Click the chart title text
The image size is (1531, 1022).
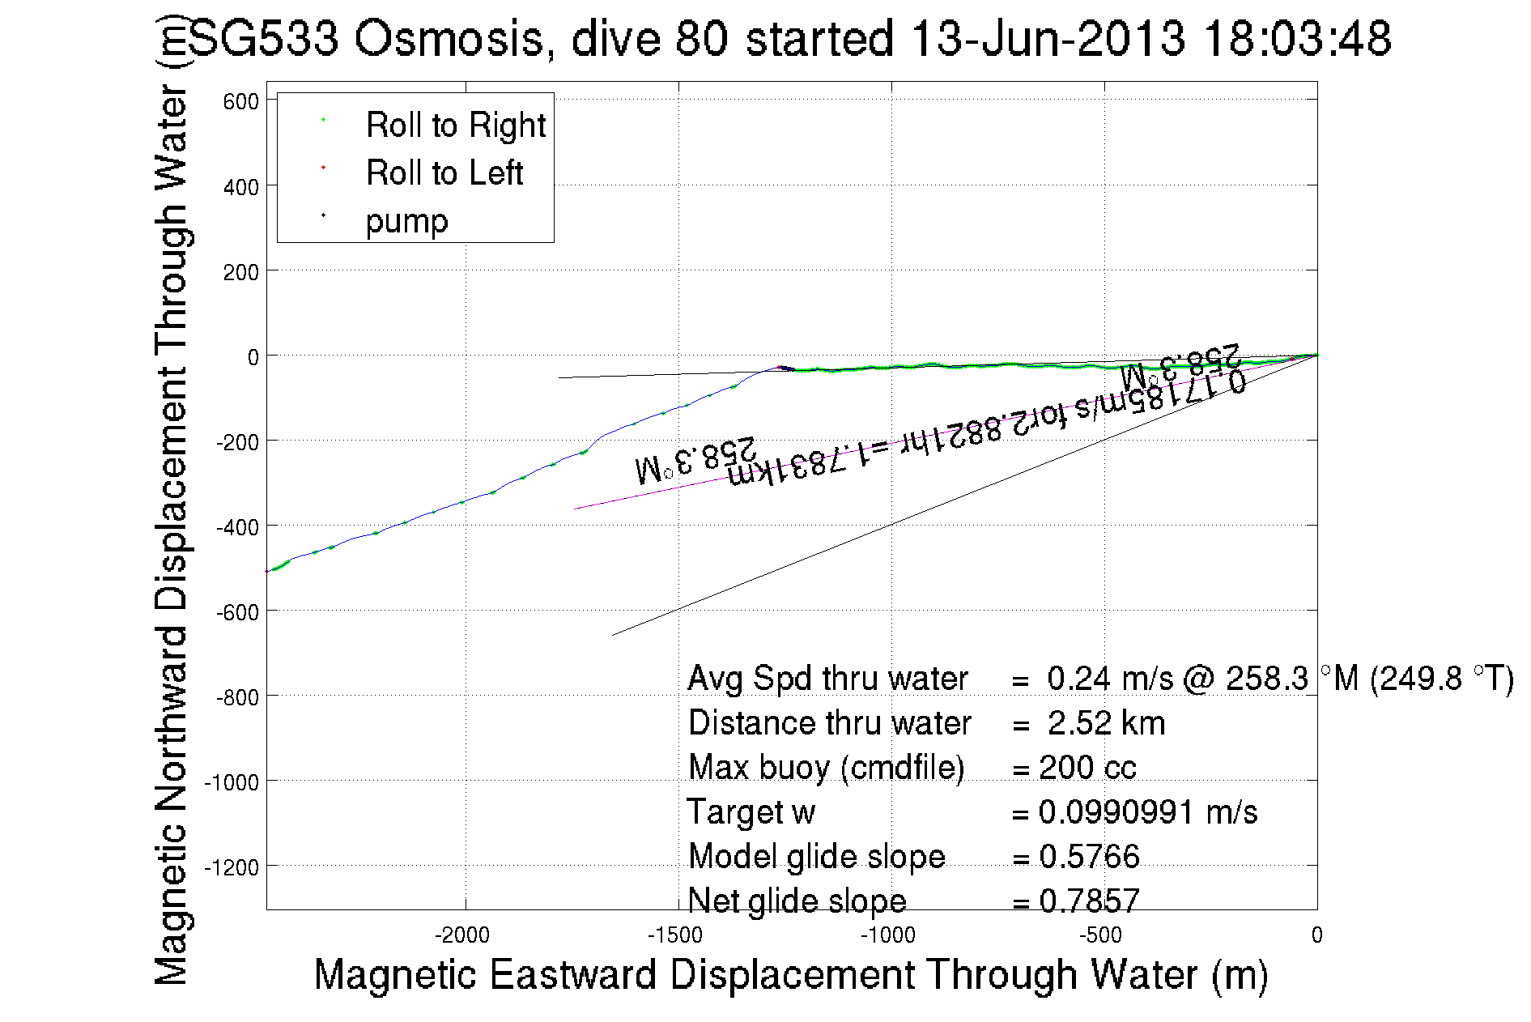pyautogui.click(x=789, y=39)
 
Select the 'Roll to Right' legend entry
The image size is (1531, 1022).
pyautogui.click(x=455, y=126)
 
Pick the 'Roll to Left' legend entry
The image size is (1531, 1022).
pyautogui.click(x=444, y=173)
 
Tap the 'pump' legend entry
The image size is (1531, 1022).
pyautogui.click(x=406, y=221)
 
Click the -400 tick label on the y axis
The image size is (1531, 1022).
pyautogui.click(x=237, y=527)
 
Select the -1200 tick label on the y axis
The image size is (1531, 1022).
pyautogui.click(x=232, y=868)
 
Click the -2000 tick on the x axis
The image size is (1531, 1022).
pyautogui.click(x=462, y=936)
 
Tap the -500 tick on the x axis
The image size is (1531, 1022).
pyautogui.click(x=1101, y=936)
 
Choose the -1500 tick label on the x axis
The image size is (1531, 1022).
pyautogui.click(x=675, y=936)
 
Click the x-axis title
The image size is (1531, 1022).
pyautogui.click(x=790, y=974)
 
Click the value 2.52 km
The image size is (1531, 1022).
pyautogui.click(x=1106, y=723)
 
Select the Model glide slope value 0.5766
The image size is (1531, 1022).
pyautogui.click(x=1089, y=857)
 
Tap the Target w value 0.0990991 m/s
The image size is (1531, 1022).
pyautogui.click(x=1147, y=812)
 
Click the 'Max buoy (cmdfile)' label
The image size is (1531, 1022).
pyautogui.click(x=826, y=768)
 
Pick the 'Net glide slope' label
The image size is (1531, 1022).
pyautogui.click(x=797, y=901)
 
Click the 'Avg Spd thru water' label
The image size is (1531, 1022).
pyautogui.click(x=827, y=679)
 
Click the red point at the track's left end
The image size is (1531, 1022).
pyautogui.click(x=267, y=572)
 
